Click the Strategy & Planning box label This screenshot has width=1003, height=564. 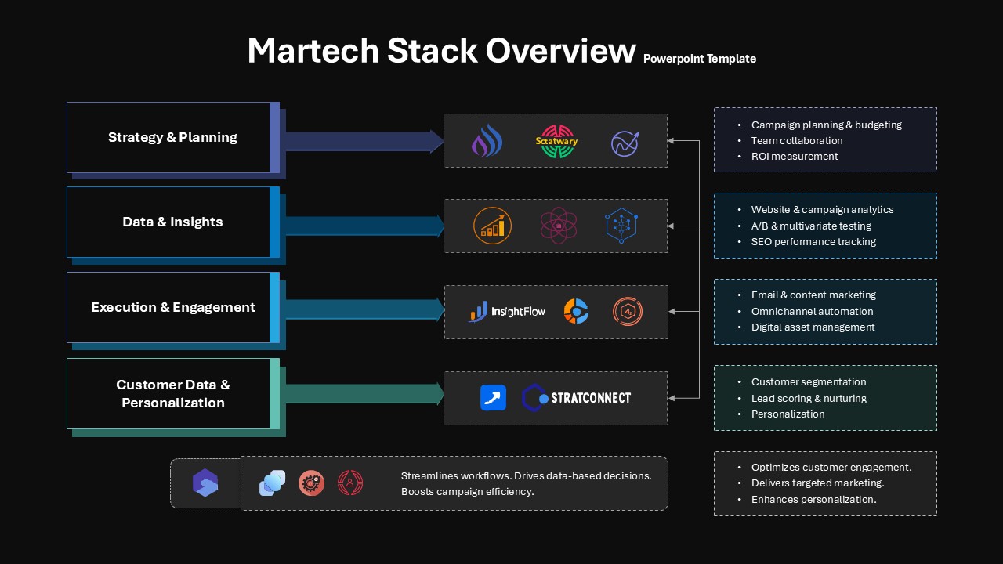point(172,137)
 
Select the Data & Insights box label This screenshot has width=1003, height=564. point(172,222)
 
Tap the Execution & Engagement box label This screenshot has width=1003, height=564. point(173,307)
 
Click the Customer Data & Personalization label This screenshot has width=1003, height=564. point(173,393)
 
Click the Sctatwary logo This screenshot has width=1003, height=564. point(556,142)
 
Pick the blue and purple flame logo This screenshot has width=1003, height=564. point(487,140)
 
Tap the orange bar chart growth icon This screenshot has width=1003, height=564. point(492,226)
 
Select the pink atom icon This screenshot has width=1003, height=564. point(559,225)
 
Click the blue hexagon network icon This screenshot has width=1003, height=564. point(621,225)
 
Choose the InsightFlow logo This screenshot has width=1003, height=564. point(507,311)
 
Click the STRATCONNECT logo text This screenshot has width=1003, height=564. point(591,397)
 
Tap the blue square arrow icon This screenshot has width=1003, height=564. point(493,397)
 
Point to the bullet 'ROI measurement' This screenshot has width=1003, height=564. point(795,156)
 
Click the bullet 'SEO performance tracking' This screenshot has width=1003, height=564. point(813,242)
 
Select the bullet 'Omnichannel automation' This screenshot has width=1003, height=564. point(812,311)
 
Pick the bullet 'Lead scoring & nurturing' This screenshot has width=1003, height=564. point(809,398)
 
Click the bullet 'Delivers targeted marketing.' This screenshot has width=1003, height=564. point(817,483)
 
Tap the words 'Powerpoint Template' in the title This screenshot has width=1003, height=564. point(700,59)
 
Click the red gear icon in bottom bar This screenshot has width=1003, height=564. point(311,483)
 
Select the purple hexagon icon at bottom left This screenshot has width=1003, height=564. point(205,483)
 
